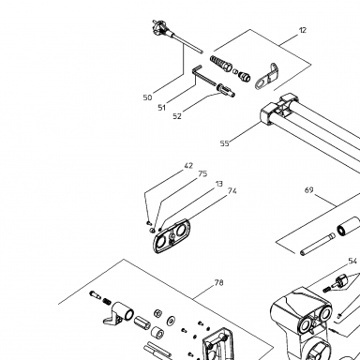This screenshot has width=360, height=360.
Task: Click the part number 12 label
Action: pyautogui.click(x=303, y=30)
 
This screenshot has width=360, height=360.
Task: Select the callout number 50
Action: pyautogui.click(x=147, y=97)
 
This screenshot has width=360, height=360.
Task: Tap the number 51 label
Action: pyautogui.click(x=161, y=108)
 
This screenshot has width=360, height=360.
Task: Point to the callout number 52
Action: pyautogui.click(x=177, y=116)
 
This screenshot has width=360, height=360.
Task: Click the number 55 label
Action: pyautogui.click(x=224, y=143)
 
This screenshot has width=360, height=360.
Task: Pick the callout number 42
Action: pyautogui.click(x=188, y=166)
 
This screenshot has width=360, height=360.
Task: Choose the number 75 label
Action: pyautogui.click(x=202, y=173)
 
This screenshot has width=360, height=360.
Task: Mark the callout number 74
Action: pyautogui.click(x=232, y=191)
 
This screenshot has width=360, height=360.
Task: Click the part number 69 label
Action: pyautogui.click(x=308, y=190)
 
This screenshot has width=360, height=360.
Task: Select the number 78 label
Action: pyautogui.click(x=218, y=283)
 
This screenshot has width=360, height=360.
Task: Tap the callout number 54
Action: pyautogui.click(x=352, y=261)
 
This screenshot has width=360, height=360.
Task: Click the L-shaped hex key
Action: pyautogui.click(x=203, y=77)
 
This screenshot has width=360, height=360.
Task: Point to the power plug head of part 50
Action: pyautogui.click(x=160, y=27)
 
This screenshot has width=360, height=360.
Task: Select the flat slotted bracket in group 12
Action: pyautogui.click(x=266, y=77)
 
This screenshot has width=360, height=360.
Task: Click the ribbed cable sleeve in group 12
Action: pyautogui.click(x=221, y=63)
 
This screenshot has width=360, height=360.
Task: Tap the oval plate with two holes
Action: pyautogui.click(x=172, y=235)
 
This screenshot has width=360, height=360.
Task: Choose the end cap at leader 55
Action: pyautogui.click(x=267, y=115)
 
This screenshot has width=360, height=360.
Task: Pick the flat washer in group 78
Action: pyautogui.click(x=171, y=321)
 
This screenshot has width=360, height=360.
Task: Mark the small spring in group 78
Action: pyautogui.click(x=107, y=302)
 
